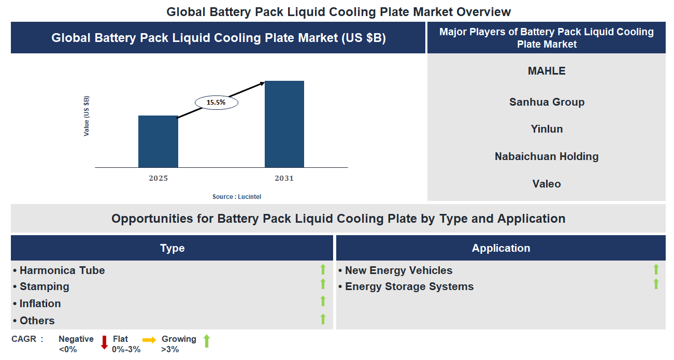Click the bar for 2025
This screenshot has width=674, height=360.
point(158,141)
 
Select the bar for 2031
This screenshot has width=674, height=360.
point(284,124)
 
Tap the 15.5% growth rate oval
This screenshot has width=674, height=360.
point(216,103)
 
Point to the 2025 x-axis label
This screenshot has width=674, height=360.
point(158,178)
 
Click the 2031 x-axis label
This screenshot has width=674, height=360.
point(284,178)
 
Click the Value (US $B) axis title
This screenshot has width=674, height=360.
point(87,116)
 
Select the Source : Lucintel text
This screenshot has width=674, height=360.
point(240,197)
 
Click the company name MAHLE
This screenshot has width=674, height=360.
point(547,71)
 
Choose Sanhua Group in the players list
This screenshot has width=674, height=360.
point(547,102)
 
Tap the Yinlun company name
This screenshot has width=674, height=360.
point(547,129)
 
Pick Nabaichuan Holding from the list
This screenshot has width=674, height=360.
point(547,156)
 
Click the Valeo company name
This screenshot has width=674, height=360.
point(547,184)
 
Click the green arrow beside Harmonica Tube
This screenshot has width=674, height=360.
point(323,269)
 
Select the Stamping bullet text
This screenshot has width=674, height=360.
point(44,286)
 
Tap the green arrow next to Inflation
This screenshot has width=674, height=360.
point(323,301)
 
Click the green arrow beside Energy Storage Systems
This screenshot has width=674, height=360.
point(656,284)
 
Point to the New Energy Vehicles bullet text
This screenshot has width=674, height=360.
point(398,270)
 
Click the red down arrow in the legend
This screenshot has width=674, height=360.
point(104,342)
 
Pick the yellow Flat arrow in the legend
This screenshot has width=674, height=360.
point(149,340)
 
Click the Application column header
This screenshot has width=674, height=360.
point(500,248)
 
